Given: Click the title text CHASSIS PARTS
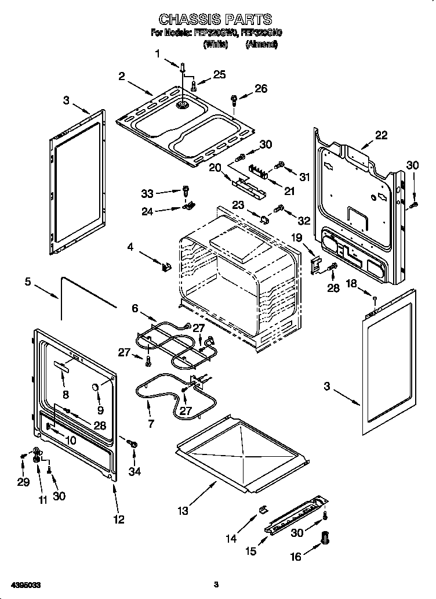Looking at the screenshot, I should point(215,20).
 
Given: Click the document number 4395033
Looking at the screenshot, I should point(25,584).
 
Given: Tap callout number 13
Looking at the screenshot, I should point(183,511).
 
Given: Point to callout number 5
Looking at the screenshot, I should point(27,283).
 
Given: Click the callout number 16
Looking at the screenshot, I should point(296,557).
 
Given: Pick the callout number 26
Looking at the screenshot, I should point(261,88).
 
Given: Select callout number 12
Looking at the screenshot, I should point(118,519).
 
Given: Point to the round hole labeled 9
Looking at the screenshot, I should point(95,388).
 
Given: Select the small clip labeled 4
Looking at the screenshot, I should point(166,266).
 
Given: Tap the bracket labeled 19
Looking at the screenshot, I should point(316,264).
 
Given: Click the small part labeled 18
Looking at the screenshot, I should point(375,298).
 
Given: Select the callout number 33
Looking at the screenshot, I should point(148,193).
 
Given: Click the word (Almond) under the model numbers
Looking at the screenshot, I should point(261,44).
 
